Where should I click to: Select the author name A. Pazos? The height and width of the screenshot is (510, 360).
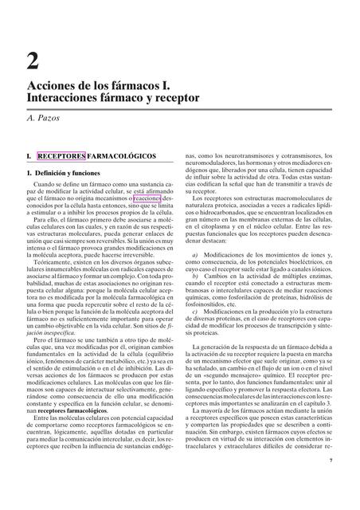49,118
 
